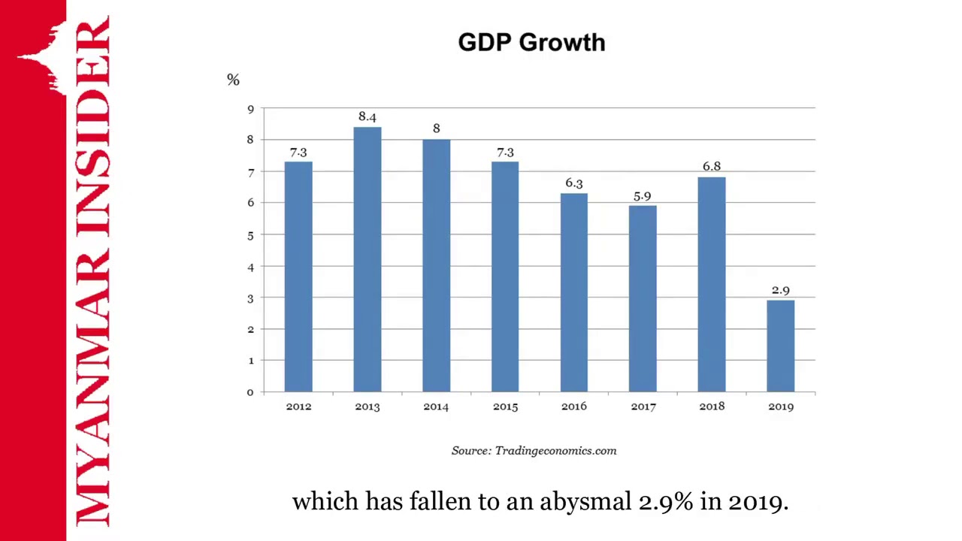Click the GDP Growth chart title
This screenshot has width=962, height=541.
pyautogui.click(x=531, y=43)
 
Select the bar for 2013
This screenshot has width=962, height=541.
pyautogui.click(x=368, y=259)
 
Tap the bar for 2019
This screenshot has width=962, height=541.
pyautogui.click(x=780, y=346)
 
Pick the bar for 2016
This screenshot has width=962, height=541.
pyautogui.click(x=573, y=293)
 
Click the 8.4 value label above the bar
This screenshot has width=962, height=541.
pyautogui.click(x=368, y=116)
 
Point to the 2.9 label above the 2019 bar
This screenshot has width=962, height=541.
pyautogui.click(x=780, y=290)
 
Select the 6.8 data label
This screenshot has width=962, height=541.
pyautogui.click(x=711, y=166)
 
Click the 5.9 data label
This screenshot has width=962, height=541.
pyautogui.click(x=642, y=197)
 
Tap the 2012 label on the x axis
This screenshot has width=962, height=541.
pyautogui.click(x=298, y=407)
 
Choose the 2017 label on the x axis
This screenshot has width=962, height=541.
pyautogui.click(x=643, y=407)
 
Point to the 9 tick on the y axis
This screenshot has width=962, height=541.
pyautogui.click(x=250, y=110)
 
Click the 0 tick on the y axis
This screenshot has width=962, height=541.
pyautogui.click(x=250, y=392)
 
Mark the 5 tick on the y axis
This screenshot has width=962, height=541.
pyautogui.click(x=250, y=235)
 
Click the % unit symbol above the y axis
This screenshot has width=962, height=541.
pyautogui.click(x=233, y=80)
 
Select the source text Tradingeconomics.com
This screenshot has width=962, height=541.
pyautogui.click(x=555, y=451)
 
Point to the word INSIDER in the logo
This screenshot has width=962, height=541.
pyautogui.click(x=92, y=128)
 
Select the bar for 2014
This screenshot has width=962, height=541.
pyautogui.click(x=436, y=265)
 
